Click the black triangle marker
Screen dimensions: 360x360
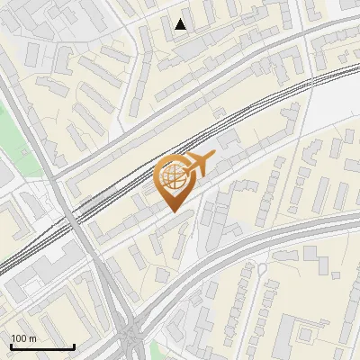[181, 24]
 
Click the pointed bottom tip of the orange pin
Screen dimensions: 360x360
[175, 211]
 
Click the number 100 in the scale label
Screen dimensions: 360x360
[19, 338]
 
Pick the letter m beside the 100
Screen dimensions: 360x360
[32, 338]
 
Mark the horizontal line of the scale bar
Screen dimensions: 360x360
[42, 347]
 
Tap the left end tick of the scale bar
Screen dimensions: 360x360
[11, 346]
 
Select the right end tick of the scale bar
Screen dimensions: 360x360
[74, 346]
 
